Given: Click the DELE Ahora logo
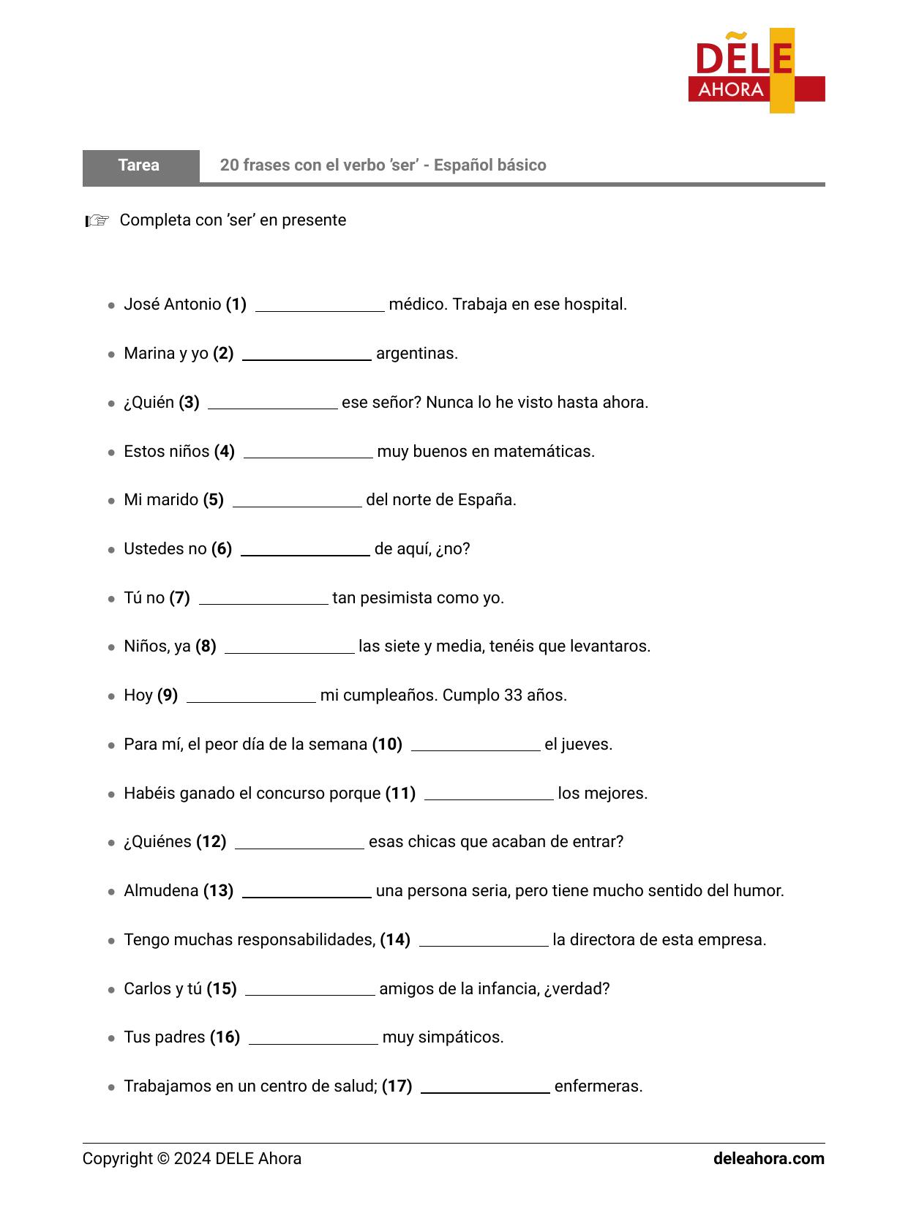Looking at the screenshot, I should (x=756, y=71).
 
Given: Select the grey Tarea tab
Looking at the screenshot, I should (x=140, y=165).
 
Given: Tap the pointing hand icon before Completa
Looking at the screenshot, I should (x=97, y=220).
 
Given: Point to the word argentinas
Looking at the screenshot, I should (x=417, y=354).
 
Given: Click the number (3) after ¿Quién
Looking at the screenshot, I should (x=189, y=403).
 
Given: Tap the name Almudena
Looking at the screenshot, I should (x=161, y=891).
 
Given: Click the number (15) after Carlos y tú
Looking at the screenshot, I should (x=222, y=989).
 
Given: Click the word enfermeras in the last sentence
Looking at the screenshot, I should (x=599, y=1086).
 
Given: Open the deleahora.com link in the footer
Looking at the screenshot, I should (x=768, y=1159).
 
